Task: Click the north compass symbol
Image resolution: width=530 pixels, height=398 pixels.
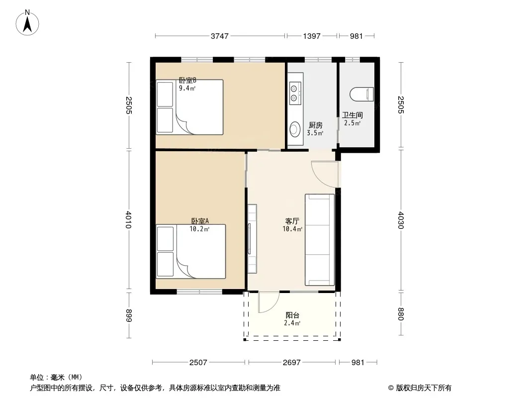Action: pyautogui.click(x=27, y=23)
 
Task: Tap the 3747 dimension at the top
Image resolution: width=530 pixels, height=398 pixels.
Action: pyautogui.click(x=220, y=36)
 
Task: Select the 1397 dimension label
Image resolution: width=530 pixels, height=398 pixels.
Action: pyautogui.click(x=312, y=36)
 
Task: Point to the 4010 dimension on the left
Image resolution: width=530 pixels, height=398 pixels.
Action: pyautogui.click(x=128, y=220)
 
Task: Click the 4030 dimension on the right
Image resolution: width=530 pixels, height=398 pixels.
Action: pyautogui.click(x=401, y=220)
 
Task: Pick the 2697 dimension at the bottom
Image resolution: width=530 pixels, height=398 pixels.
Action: pyautogui.click(x=292, y=363)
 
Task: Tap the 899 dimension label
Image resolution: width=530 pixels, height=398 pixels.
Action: pyautogui.click(x=128, y=315)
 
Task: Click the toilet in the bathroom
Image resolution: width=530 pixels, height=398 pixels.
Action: pyautogui.click(x=361, y=95)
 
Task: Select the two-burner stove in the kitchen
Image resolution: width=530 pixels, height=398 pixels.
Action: pyautogui.click(x=294, y=94)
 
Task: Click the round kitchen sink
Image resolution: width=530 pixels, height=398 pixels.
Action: pyautogui.click(x=295, y=129)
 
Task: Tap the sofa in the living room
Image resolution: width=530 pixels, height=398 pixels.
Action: pyautogui.click(x=320, y=240)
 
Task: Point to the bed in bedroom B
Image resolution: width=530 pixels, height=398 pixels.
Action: pyautogui.click(x=189, y=107)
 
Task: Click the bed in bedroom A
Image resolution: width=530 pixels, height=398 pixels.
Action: pyautogui.click(x=190, y=251)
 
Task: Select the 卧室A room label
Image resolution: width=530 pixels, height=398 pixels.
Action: pyautogui.click(x=200, y=221)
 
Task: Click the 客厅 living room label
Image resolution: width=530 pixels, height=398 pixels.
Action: pyautogui.click(x=292, y=221)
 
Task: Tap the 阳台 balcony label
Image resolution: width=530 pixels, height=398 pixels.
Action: pyautogui.click(x=292, y=315)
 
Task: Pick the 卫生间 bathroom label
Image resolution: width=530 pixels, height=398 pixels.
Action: pyautogui.click(x=352, y=115)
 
